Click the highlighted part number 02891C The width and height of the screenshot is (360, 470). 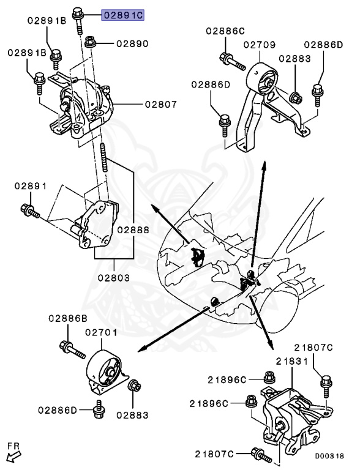point(122,15)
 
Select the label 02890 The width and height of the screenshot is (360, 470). point(132,44)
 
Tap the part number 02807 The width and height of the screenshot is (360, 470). point(161,104)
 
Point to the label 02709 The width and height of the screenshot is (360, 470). point(259,45)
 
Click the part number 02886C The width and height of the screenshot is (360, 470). point(225,31)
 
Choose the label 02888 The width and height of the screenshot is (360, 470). point(133,230)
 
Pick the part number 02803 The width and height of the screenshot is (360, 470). point(114,278)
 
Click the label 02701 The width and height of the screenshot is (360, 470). point(101,332)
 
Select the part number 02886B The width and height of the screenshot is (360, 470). point(68,318)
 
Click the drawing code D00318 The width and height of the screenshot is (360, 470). point(329,456)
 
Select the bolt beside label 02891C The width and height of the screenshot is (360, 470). point(78,20)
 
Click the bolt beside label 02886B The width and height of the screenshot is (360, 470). point(72,349)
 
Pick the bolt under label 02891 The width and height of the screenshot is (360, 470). point(30,211)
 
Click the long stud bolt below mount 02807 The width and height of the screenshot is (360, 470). point(104,157)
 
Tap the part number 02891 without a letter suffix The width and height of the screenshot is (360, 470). point(31,186)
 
